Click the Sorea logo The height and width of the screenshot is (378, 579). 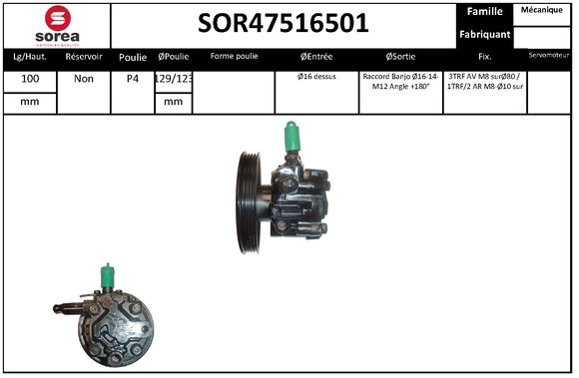pyautogui.click(x=57, y=24)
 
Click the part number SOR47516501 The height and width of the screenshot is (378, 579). pyautogui.click(x=284, y=23)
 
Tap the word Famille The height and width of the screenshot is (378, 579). pyautogui.click(x=484, y=12)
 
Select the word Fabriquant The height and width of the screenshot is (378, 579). pyautogui.click(x=485, y=34)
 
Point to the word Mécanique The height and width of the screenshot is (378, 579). pyautogui.click(x=544, y=11)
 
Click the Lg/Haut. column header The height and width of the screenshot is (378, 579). pyautogui.click(x=29, y=57)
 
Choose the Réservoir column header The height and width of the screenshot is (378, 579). pyautogui.click(x=84, y=57)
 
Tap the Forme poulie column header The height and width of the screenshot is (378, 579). pyautogui.click(x=234, y=57)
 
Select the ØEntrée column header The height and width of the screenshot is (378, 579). pyautogui.click(x=316, y=57)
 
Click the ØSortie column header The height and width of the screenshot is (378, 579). pyautogui.click(x=401, y=57)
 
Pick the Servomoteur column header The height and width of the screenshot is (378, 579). pyautogui.click(x=549, y=56)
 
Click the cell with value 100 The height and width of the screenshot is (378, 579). pyautogui.click(x=30, y=78)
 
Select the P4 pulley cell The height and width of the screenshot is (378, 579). pyautogui.click(x=133, y=78)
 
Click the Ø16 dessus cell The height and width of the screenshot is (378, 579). pyautogui.click(x=316, y=76)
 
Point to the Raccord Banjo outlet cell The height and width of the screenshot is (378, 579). pyautogui.click(x=401, y=81)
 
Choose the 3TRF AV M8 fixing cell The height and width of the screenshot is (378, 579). pyautogui.click(x=485, y=81)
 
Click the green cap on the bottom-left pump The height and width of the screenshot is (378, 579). pyautogui.click(x=108, y=275)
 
